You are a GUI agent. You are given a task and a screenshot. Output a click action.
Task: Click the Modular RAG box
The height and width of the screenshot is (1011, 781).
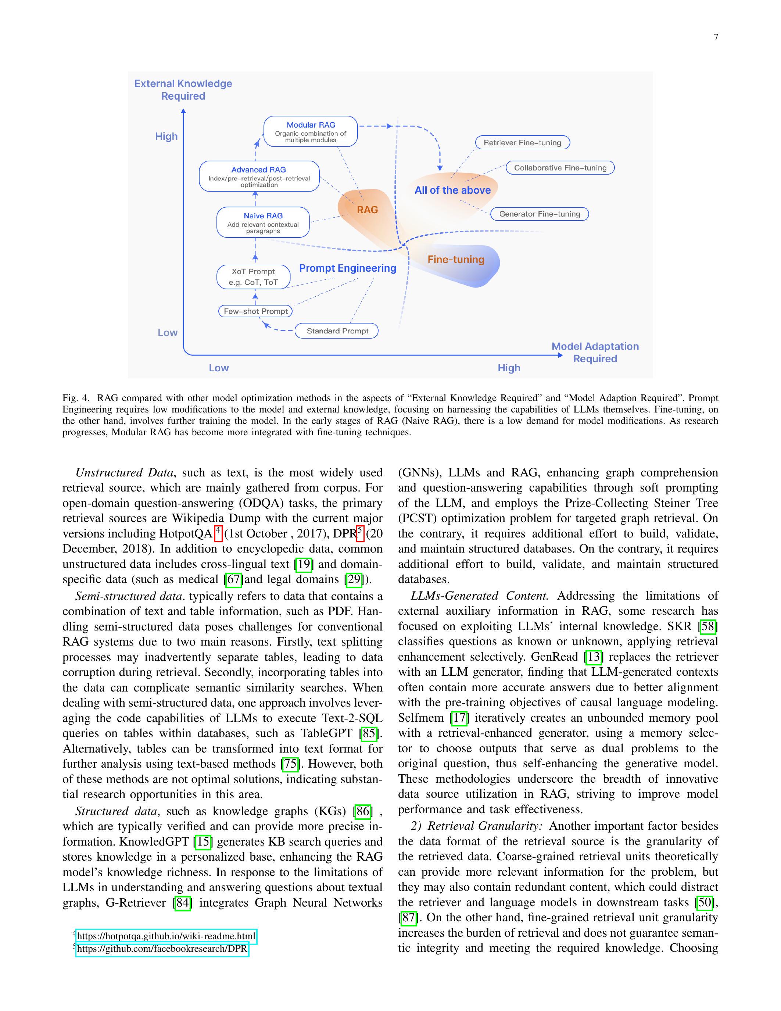click(x=311, y=132)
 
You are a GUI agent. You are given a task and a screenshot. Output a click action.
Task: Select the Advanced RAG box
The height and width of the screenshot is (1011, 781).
click(x=259, y=176)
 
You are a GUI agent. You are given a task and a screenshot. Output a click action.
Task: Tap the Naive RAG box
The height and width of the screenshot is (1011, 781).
click(x=263, y=222)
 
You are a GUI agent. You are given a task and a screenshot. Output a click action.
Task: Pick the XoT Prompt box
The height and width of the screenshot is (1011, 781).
click(x=254, y=277)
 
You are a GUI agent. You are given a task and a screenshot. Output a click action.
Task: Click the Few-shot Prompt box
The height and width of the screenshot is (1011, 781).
click(x=255, y=311)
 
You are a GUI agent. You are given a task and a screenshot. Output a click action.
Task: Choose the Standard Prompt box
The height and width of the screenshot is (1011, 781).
click(x=337, y=331)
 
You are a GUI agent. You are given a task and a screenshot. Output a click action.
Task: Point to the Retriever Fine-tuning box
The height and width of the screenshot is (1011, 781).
click(x=522, y=143)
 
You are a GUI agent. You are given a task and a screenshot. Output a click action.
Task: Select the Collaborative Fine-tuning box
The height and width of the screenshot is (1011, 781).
click(x=560, y=168)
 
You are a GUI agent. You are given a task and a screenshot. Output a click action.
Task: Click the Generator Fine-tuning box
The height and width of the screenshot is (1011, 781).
click(x=540, y=214)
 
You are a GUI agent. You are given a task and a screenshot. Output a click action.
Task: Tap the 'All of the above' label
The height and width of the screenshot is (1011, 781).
click(x=452, y=190)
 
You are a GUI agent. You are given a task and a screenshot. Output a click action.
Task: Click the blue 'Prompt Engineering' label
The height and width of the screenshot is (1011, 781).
click(x=347, y=268)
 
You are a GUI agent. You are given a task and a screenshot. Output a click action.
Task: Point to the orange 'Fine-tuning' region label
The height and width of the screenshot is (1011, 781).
click(x=456, y=259)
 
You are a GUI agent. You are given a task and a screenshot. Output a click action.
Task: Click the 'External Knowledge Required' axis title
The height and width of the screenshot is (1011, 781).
click(x=183, y=90)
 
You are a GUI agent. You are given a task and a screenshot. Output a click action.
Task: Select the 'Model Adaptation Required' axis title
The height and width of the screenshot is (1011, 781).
click(x=595, y=352)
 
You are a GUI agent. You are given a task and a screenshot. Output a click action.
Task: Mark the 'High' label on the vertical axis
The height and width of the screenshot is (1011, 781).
click(x=166, y=136)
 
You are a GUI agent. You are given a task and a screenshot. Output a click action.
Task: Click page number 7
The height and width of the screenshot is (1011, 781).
click(x=716, y=37)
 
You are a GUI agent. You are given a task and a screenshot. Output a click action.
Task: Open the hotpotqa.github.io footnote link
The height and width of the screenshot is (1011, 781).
click(x=166, y=936)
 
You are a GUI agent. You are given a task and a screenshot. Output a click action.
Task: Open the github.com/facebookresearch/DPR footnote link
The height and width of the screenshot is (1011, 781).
click(x=162, y=949)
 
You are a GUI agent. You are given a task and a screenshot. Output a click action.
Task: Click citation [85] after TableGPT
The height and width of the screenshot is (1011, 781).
click(x=369, y=733)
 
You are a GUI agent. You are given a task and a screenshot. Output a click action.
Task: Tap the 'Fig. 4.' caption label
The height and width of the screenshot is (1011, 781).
click(x=75, y=398)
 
